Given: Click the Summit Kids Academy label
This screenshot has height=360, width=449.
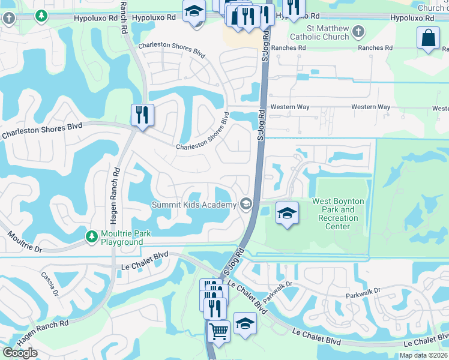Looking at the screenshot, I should click(194, 205).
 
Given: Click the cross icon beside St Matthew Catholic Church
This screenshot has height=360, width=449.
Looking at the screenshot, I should click(358, 31).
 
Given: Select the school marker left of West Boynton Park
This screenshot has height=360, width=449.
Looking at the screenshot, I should click(287, 212).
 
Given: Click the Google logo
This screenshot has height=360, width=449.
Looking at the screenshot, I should click(20, 353).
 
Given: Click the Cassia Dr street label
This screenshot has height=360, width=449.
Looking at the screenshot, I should click(49, 283).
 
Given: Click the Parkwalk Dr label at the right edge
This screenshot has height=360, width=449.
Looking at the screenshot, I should click(363, 292).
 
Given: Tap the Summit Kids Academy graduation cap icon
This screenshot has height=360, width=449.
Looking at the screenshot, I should click(245, 205).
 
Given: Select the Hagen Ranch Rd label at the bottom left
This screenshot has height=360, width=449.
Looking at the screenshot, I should click(42, 332).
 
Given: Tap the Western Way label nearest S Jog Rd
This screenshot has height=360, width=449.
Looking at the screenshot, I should click(290, 107).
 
